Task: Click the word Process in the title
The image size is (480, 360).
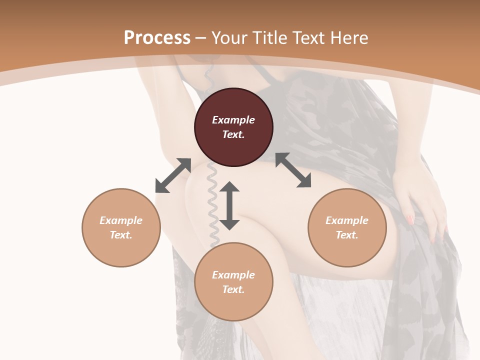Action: point(157,38)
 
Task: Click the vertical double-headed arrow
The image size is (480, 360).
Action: point(229,205)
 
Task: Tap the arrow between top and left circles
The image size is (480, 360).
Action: point(173,175)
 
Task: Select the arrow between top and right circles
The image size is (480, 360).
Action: point(293,170)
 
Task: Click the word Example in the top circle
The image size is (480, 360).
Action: point(233,120)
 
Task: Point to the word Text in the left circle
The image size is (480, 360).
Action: point(121,235)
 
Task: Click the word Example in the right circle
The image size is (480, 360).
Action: point(347,220)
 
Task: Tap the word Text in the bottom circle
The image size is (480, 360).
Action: point(233,289)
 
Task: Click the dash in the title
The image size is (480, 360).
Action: point(200,38)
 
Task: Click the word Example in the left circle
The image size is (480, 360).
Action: point(121,220)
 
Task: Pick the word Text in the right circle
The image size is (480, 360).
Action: point(347,235)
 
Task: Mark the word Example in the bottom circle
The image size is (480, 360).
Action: point(233,275)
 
